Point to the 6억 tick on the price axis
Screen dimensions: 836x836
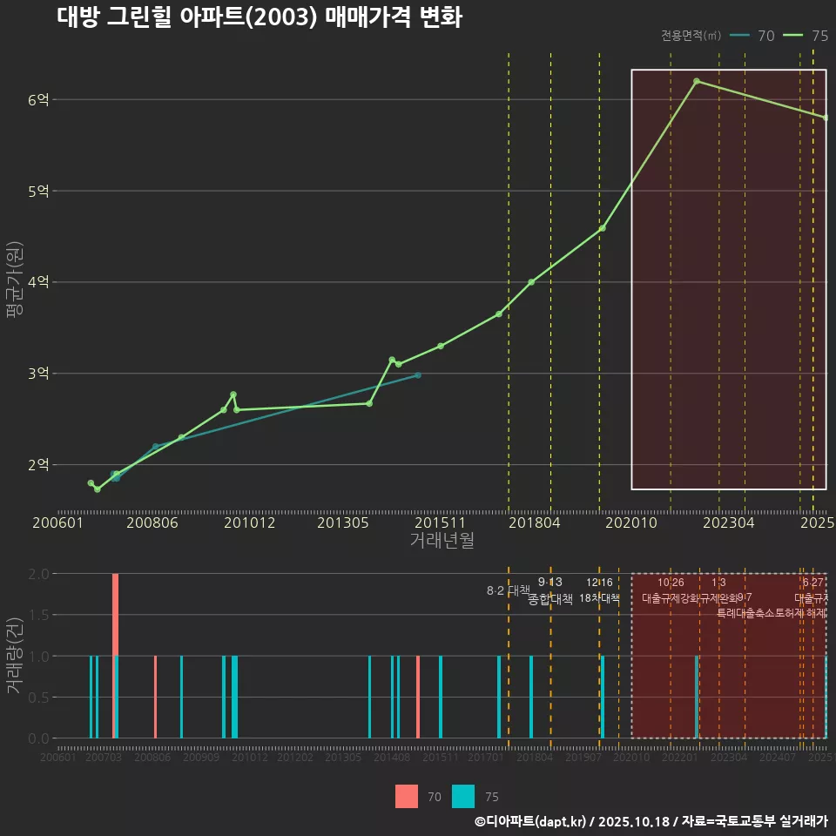pyautogui.click(x=37, y=99)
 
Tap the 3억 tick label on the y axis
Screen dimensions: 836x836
pyautogui.click(x=37, y=374)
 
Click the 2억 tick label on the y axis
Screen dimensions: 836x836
pyautogui.click(x=37, y=465)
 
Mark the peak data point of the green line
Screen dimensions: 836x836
pyautogui.click(x=697, y=81)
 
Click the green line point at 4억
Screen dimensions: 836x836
pyautogui.click(x=531, y=282)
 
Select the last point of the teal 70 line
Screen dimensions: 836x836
pyautogui.click(x=418, y=375)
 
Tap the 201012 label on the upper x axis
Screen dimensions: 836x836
pyautogui.click(x=247, y=523)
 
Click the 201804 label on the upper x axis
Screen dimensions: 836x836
pyautogui.click(x=533, y=523)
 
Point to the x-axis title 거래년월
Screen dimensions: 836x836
pyautogui.click(x=442, y=541)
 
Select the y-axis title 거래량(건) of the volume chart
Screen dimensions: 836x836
pyautogui.click(x=15, y=656)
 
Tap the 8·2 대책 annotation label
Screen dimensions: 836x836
pyautogui.click(x=508, y=590)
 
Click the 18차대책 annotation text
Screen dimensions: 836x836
pyautogui.click(x=599, y=598)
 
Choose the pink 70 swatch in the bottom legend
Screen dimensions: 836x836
pyautogui.click(x=407, y=796)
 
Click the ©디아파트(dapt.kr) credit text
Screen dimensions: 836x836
pyautogui.click(x=531, y=820)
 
